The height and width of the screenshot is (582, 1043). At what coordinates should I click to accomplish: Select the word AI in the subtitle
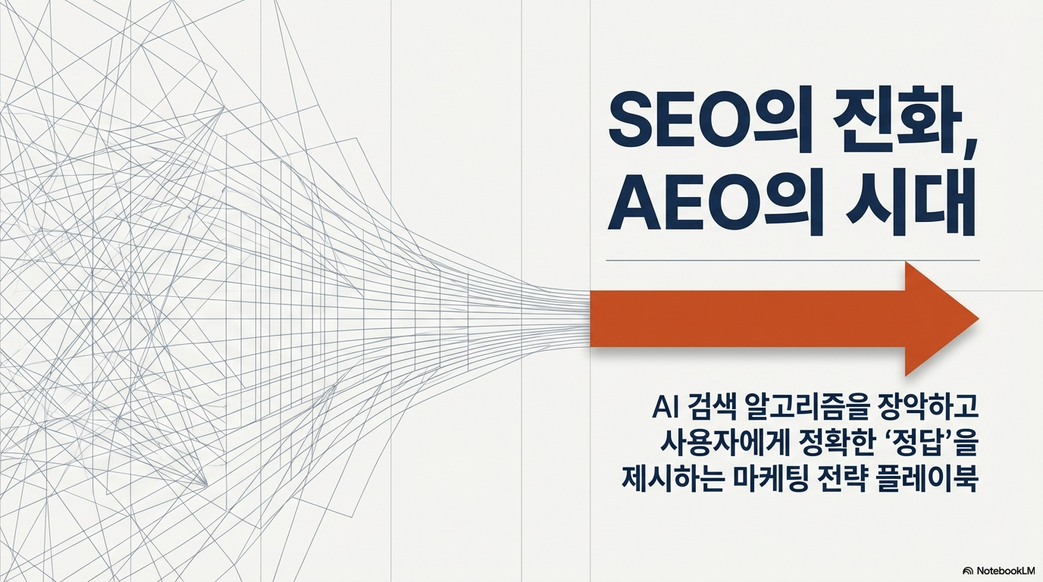tap(662, 410)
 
